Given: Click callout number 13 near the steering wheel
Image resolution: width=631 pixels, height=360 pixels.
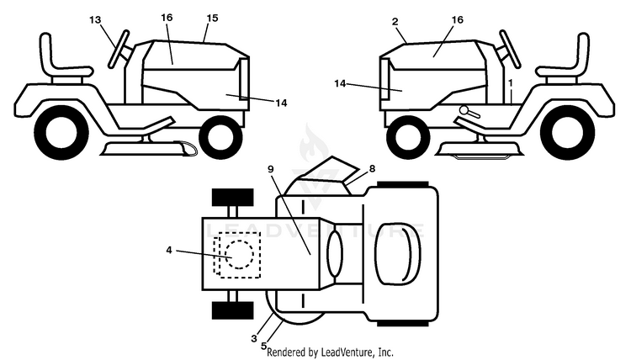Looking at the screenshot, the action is (95, 19).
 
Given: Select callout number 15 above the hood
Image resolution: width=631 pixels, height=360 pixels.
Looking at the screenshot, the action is (212, 19).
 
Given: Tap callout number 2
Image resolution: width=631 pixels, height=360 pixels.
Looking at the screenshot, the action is (395, 21).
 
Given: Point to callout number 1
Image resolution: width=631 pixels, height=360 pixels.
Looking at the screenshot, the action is (511, 83).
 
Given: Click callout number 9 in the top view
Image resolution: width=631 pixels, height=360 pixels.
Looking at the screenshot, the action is (270, 169).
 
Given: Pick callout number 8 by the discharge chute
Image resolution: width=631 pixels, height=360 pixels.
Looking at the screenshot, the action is (372, 168).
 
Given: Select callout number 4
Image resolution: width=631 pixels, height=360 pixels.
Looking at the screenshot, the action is (169, 250).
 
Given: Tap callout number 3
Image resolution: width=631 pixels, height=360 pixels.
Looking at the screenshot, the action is (253, 339).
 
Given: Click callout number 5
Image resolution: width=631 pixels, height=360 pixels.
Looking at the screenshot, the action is (263, 346).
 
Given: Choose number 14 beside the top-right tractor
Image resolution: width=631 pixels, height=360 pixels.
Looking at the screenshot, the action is (340, 83).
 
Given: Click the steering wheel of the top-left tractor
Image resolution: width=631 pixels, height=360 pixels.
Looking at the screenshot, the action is (119, 49).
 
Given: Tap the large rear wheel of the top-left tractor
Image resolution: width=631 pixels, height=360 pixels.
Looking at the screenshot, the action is (61, 133).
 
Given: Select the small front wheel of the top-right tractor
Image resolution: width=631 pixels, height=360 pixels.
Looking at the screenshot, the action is (408, 137).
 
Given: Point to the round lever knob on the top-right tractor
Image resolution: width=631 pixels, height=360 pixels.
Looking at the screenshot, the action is (464, 110).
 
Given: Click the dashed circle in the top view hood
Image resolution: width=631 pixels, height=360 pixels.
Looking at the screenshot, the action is (240, 254).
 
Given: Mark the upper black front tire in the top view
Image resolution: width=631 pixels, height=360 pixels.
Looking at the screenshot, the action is (232, 197).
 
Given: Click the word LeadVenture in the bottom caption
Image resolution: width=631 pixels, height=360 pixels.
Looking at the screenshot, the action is (347, 352).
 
